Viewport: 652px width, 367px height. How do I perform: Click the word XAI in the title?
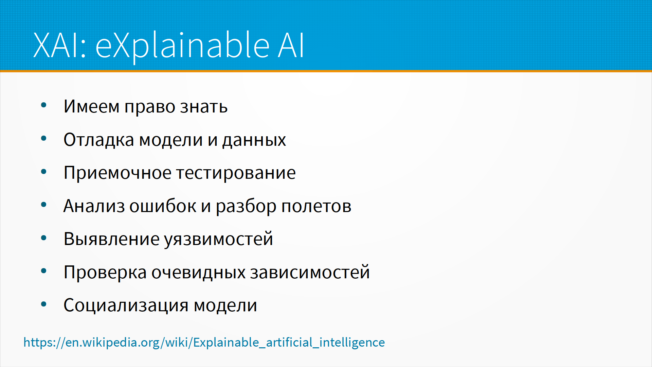tap(60, 45)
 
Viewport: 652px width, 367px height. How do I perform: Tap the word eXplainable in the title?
tap(182, 47)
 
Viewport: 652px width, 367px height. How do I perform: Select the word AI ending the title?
tap(291, 45)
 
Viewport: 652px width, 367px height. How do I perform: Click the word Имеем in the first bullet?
tap(91, 106)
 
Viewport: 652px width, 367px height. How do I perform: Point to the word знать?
tap(204, 107)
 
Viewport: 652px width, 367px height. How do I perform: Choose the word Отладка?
tap(99, 140)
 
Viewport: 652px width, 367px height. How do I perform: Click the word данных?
tap(254, 140)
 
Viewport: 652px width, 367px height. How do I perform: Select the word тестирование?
tap(236, 173)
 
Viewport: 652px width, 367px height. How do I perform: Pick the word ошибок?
tap(163, 206)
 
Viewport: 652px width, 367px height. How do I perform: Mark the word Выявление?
tap(112, 239)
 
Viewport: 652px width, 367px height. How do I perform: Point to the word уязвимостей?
tap(219, 239)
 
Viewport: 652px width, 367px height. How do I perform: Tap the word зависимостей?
tap(310, 272)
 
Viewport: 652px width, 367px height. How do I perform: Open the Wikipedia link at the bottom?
tap(204, 342)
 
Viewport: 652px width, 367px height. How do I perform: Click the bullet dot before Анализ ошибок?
tap(43, 205)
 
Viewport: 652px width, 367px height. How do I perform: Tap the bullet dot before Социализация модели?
tap(43, 304)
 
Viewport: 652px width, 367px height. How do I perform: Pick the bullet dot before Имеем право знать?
tap(43, 105)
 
